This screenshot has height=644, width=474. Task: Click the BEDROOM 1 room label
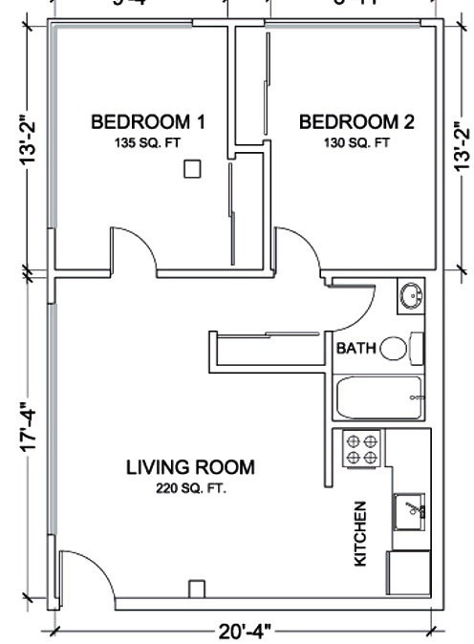pyautogui.click(x=148, y=121)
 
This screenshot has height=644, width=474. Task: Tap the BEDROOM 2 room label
pyautogui.click(x=356, y=121)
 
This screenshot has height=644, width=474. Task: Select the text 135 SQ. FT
pyautogui.click(x=148, y=143)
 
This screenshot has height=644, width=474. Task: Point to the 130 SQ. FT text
pyautogui.click(x=356, y=143)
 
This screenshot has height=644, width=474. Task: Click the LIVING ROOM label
pyautogui.click(x=190, y=467)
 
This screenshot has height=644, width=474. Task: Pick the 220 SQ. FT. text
pyautogui.click(x=190, y=488)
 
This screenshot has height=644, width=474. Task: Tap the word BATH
pyautogui.click(x=355, y=349)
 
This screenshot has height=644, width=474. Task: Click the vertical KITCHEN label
pyautogui.click(x=361, y=533)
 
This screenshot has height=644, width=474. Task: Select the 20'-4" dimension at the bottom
pyautogui.click(x=244, y=632)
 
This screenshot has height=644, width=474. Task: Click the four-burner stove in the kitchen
pyautogui.click(x=362, y=448)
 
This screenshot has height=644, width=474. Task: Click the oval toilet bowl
pyautogui.click(x=393, y=349)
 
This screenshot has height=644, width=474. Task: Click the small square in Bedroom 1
pyautogui.click(x=192, y=169)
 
